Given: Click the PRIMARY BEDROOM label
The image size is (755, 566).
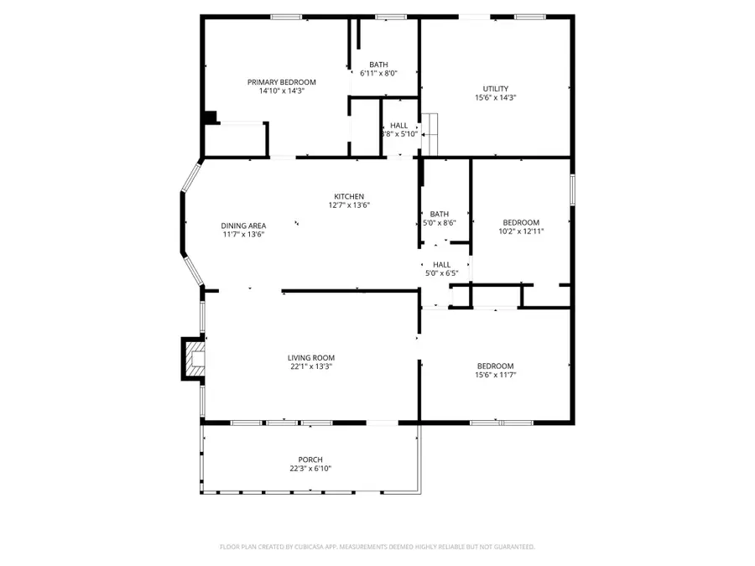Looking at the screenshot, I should point(281,82).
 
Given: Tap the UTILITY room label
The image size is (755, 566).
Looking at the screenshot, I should point(495,89).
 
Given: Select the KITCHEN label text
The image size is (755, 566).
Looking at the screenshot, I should point(349,196).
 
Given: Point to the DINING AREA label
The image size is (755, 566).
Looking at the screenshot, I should point(243,226).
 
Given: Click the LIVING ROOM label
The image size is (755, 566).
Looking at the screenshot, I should point(311,357).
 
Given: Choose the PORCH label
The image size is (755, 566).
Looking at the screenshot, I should point(310,460).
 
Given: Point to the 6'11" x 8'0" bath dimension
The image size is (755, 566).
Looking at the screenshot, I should point(378,73).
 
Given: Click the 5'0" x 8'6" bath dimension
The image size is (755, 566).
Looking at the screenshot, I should point(440,222).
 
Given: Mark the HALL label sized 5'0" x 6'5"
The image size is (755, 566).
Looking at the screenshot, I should point(441,264).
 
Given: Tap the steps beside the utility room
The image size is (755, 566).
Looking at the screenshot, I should point(430,133).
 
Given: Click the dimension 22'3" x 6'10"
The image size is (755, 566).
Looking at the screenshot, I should point(310,468).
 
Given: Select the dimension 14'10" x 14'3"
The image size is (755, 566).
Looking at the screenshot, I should point(281,91).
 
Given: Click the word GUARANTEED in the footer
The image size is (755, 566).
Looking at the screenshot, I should point(512,547).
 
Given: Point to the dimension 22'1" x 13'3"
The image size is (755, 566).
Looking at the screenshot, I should point(311,366).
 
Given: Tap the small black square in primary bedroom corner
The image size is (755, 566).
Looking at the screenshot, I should point(211,117).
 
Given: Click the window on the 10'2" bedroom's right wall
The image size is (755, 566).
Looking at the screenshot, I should point(573,189).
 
